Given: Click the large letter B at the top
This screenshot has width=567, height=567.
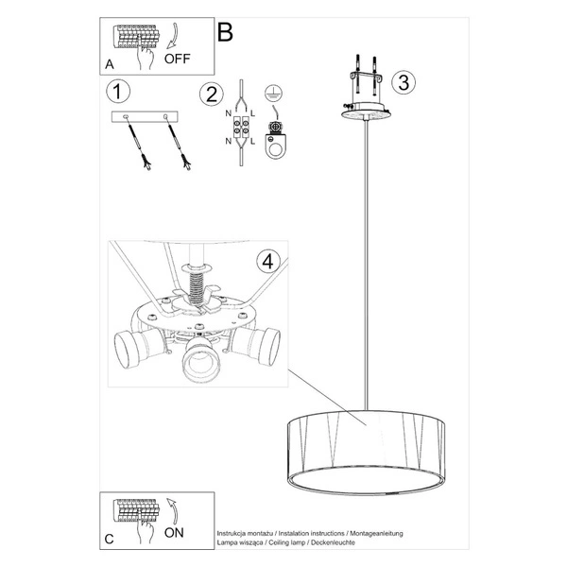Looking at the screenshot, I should (225, 31).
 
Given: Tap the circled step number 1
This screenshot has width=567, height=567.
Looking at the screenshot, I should (117, 92).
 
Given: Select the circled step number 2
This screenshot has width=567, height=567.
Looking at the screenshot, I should (210, 94).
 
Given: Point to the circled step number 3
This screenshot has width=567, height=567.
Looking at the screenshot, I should (403, 81).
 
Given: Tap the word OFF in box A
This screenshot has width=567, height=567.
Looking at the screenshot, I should (179, 58).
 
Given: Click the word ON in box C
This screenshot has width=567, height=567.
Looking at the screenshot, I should (176, 531).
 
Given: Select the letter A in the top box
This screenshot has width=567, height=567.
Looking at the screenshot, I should (111, 64).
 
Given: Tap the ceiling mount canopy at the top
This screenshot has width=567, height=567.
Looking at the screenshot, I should (366, 108).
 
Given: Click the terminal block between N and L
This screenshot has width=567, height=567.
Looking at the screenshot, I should (242, 128).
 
